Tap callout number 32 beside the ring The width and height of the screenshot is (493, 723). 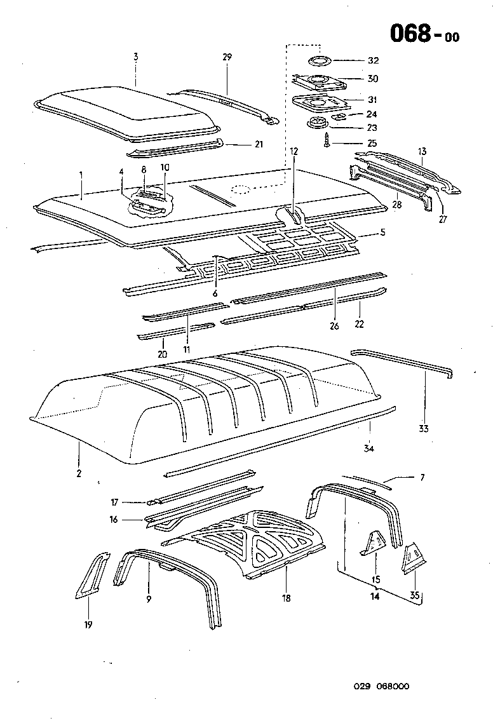click(373, 61)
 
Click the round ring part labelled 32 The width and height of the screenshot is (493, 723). click(318, 61)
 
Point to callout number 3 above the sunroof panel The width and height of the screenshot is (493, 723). click(135, 57)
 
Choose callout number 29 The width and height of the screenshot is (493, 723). click(227, 57)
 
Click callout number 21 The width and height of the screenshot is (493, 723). click(258, 145)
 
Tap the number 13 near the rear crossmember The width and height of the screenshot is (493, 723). click(422, 151)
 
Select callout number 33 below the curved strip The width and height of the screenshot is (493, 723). click(424, 429)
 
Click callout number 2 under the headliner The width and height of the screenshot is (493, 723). click(79, 473)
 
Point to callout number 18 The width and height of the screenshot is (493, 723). click(287, 597)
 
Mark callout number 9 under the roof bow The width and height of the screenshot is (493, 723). click(149, 598)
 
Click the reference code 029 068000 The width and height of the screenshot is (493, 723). click(381, 686)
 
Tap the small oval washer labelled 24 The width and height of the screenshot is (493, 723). click(340, 116)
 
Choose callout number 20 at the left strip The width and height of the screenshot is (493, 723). click(162, 354)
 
